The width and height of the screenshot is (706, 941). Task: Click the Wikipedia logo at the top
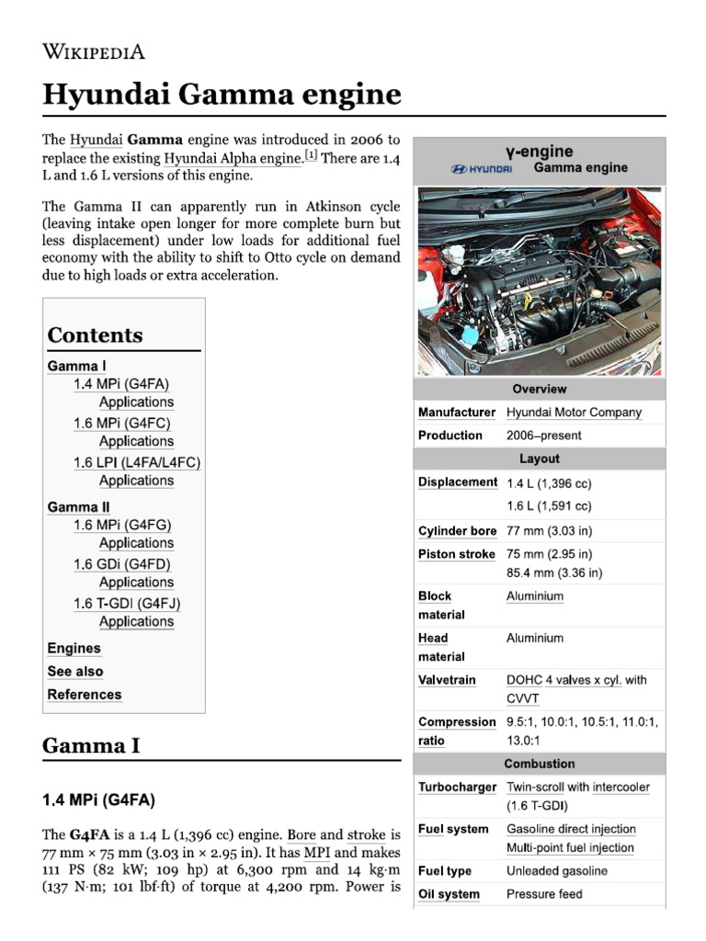[x=94, y=51]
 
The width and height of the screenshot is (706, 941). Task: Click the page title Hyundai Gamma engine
[x=222, y=95]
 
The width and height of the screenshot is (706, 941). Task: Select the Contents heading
[x=95, y=335]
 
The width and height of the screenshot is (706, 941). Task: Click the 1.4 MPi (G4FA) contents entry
[x=121, y=384]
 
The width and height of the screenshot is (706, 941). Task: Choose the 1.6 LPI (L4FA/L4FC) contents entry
[x=136, y=462]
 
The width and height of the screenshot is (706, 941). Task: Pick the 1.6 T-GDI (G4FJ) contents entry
[x=127, y=604]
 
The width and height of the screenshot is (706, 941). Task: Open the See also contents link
[x=75, y=672]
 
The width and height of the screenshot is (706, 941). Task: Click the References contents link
[x=85, y=695]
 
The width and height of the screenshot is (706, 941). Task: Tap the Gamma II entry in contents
[x=72, y=507]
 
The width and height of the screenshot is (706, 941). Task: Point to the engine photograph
[x=540, y=281]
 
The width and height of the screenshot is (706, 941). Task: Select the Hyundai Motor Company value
[x=574, y=413]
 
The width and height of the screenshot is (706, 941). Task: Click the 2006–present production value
[x=543, y=436]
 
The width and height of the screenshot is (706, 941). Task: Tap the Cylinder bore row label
[x=457, y=531]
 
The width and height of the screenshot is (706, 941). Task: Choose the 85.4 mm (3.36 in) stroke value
[x=554, y=573]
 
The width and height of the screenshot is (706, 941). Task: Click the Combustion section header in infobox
[x=540, y=764]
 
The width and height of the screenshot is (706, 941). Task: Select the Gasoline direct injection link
[x=570, y=829]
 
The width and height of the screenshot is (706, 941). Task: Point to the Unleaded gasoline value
[x=556, y=871]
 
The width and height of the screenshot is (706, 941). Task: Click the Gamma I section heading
[x=91, y=745]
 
